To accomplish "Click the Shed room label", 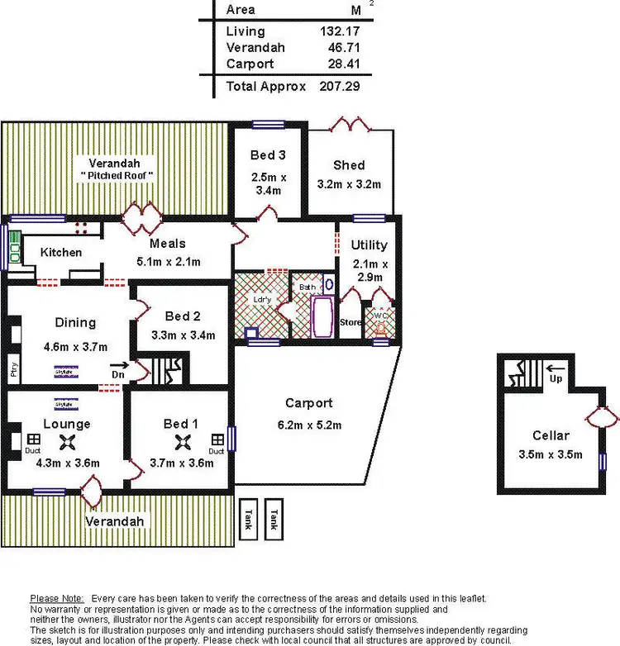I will tap(348, 165).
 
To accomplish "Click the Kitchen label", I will tap(61, 252).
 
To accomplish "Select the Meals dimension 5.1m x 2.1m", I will tap(168, 262).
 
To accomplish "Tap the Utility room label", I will tap(369, 245).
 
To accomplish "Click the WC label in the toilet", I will tap(380, 315).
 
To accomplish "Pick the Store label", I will tap(351, 322).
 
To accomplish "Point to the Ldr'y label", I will tap(261, 300).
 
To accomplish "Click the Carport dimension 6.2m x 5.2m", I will tap(308, 425).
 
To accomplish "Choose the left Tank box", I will tap(249, 517).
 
